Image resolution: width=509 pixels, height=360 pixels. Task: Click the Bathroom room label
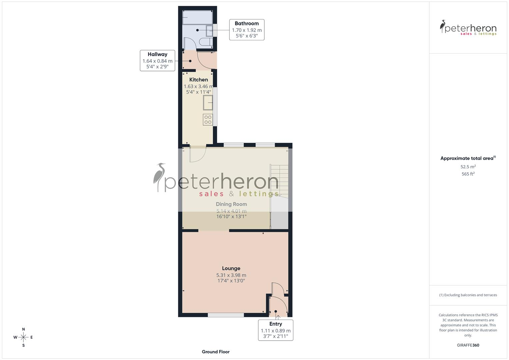pyautogui.click(x=247, y=23)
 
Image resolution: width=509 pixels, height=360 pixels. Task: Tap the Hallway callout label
pyautogui.click(x=157, y=54)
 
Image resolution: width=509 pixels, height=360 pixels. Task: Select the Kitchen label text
pyautogui.click(x=199, y=80)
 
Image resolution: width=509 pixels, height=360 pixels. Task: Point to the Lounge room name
pyautogui.click(x=231, y=268)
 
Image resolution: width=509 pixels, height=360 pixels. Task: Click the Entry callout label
pyautogui.click(x=276, y=324)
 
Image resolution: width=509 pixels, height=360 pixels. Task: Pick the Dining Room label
pyautogui.click(x=231, y=204)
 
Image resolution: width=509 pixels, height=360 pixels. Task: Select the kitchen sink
pyautogui.click(x=208, y=102)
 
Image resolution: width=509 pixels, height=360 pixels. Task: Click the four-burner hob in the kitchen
pyautogui.click(x=208, y=120)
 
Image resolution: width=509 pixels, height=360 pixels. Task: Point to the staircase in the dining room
pyautogui.click(x=279, y=180)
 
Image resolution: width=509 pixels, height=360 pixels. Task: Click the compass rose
pyautogui.click(x=23, y=337)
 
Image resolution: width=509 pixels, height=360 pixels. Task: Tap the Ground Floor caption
pyautogui.click(x=216, y=352)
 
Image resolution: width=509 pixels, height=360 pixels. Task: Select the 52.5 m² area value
pyautogui.click(x=468, y=167)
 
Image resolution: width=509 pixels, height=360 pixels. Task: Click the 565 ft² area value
pyautogui.click(x=468, y=174)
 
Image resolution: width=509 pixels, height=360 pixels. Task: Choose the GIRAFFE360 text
pyautogui.click(x=468, y=345)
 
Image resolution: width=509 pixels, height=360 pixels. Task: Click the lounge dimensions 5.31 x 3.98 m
pyautogui.click(x=231, y=275)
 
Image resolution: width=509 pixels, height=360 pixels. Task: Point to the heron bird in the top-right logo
pyautogui.click(x=443, y=26)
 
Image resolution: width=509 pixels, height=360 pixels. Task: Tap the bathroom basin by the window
pyautogui.click(x=210, y=31)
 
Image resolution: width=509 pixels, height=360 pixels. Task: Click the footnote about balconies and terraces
pyautogui.click(x=468, y=295)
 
